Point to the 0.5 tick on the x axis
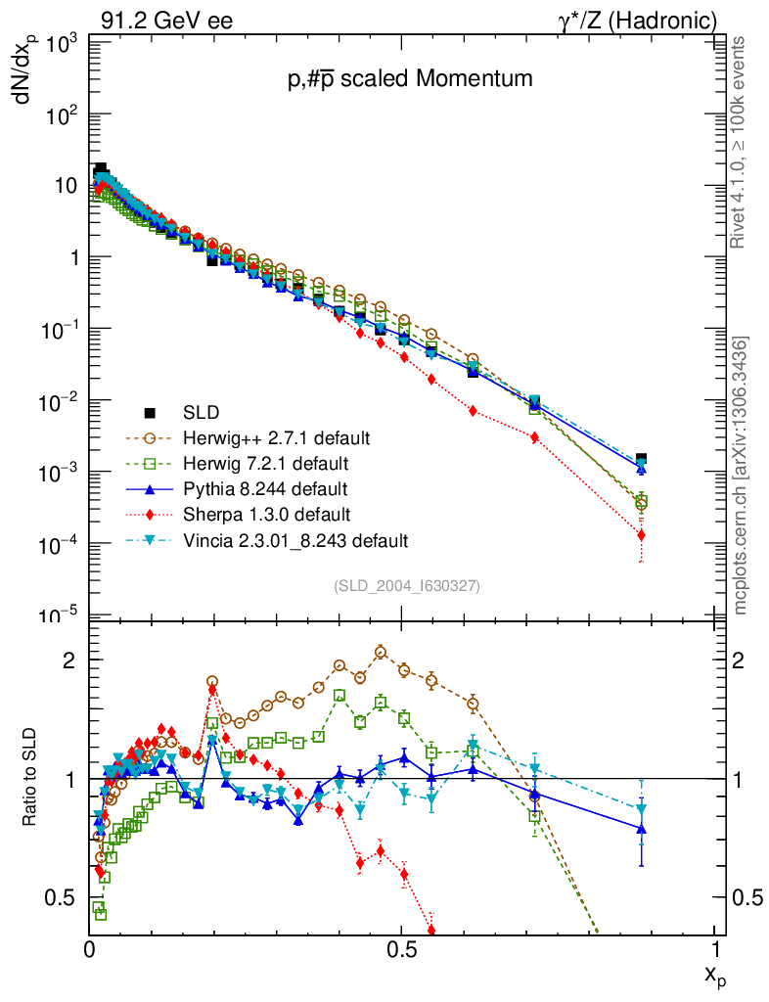click(x=401, y=948)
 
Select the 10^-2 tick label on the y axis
click(x=59, y=401)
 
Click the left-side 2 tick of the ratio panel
click(x=71, y=660)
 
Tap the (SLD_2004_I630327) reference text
click(x=407, y=585)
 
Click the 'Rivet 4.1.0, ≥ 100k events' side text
click(x=741, y=143)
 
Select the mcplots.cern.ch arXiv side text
click(x=741, y=476)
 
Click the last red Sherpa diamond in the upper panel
click(x=641, y=535)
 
